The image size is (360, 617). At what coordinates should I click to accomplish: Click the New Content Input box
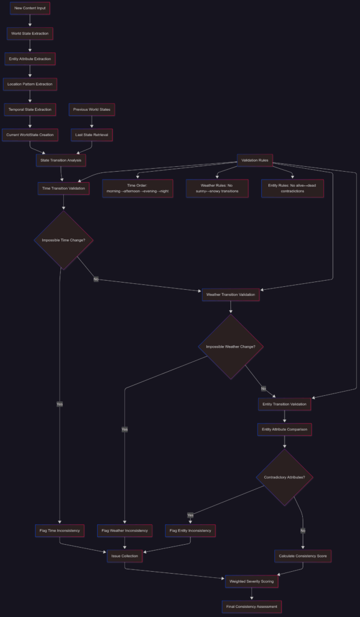coord(30,8)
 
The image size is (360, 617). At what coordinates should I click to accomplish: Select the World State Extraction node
coord(30,34)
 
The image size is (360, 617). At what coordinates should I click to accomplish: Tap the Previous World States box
coord(92,110)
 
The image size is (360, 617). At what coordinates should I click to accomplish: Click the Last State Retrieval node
coord(92,135)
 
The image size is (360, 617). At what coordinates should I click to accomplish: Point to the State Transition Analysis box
coord(61,160)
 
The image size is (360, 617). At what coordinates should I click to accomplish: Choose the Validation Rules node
coord(255,160)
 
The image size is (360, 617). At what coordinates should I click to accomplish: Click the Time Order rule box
coord(137,188)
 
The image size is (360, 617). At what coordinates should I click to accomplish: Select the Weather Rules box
coord(217,188)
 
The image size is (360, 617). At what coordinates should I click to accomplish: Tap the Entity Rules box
coord(292,188)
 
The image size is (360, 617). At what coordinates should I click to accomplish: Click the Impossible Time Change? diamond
coord(63,240)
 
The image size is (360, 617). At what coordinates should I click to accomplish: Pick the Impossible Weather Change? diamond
coord(230,346)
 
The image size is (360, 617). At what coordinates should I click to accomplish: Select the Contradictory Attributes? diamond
coord(285,477)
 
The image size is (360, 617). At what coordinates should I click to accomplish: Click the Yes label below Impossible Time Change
coord(60,404)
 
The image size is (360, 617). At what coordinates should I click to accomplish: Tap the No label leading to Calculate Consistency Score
coord(303,530)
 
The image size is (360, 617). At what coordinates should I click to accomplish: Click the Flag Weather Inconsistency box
coord(125,530)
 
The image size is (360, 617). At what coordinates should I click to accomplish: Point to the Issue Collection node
coord(125,556)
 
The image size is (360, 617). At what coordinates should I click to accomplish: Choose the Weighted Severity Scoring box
coord(251,581)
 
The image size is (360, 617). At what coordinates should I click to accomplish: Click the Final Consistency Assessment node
coord(251,606)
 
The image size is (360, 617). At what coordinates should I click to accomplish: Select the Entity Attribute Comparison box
coord(285,429)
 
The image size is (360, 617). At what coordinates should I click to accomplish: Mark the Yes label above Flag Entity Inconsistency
coord(190,515)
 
